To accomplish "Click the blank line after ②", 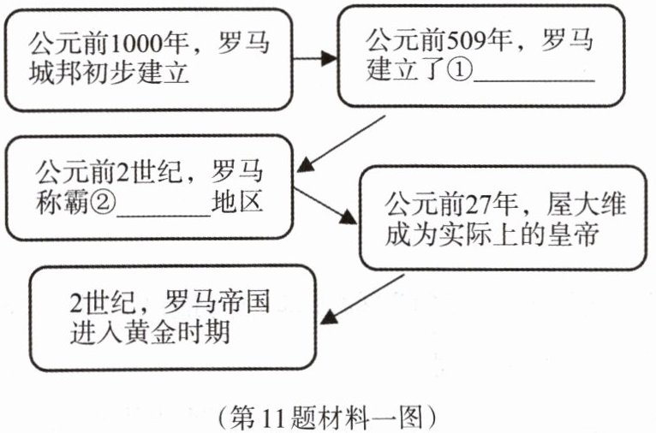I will click(163, 209).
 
